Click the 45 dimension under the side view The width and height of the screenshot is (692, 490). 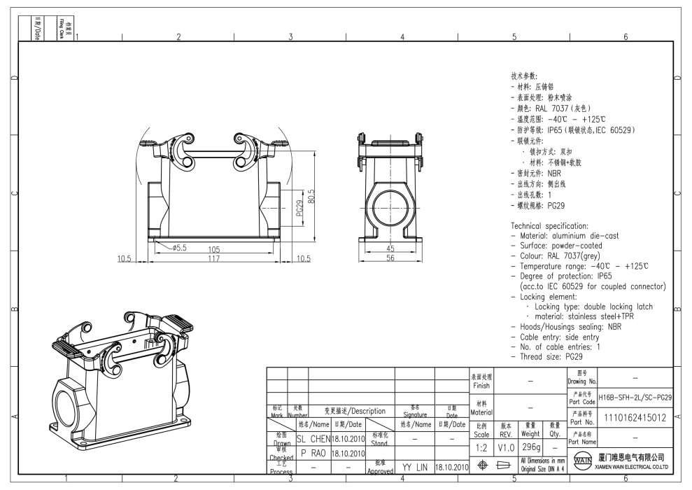click(x=391, y=249)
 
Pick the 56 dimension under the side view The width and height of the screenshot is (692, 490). click(x=391, y=258)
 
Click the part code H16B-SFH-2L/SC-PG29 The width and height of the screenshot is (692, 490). click(x=635, y=397)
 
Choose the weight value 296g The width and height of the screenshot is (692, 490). click(x=530, y=447)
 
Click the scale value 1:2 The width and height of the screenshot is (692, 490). click(x=481, y=447)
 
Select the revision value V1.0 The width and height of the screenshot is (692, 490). click(x=506, y=447)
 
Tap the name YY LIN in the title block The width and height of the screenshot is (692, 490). click(x=414, y=465)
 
